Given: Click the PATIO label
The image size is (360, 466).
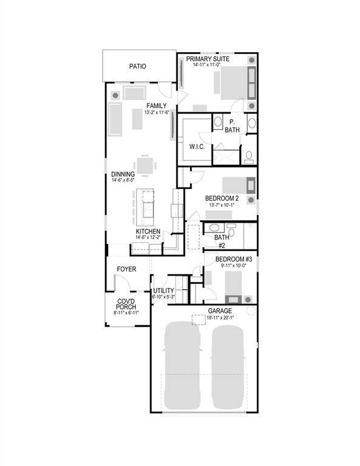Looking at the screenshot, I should point(138,67).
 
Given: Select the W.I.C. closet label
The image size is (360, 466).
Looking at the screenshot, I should point(197,146).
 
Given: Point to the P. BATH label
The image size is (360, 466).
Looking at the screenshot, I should point(232,126).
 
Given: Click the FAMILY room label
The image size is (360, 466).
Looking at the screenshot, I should point(156,106).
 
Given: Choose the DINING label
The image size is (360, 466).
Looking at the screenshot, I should point(123,174).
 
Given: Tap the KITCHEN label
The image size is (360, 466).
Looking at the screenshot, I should point(148,232).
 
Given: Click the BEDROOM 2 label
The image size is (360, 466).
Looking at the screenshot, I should point(222,198).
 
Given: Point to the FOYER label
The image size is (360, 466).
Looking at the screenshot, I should point(126,269).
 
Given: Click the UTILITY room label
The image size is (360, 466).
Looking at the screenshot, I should point(163,291).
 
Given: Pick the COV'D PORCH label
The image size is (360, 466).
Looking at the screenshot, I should point(127,304).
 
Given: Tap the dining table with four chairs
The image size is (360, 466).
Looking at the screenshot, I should point(144,165).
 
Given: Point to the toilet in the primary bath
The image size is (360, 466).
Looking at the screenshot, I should point(249,157).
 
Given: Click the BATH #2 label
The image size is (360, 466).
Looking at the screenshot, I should point(221,241).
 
